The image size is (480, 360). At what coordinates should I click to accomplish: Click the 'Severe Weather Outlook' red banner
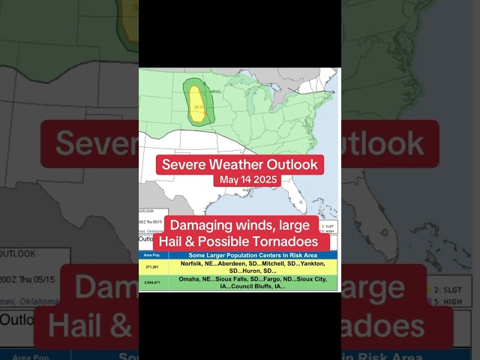239,164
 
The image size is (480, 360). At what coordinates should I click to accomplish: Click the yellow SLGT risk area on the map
196,103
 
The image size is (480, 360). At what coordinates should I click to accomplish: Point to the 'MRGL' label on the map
215,91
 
